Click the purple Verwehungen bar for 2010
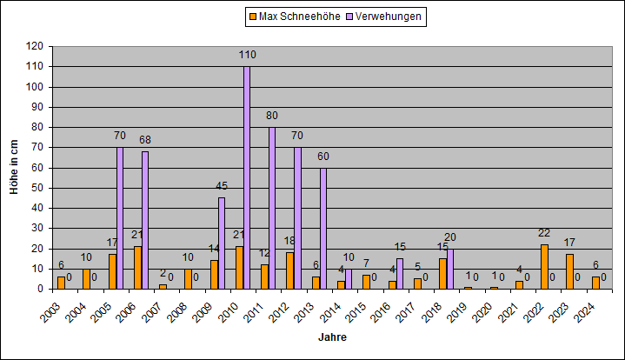coord(247,177)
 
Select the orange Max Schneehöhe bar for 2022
coord(544,267)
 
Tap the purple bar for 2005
coord(120,218)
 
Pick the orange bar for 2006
coord(137,268)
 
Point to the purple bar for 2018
coord(450,269)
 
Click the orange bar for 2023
coord(569,271)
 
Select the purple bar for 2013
coord(322,229)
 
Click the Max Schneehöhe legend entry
coord(295,17)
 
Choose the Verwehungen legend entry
coord(384,17)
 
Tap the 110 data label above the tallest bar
coord(247,55)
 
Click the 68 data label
coord(145,140)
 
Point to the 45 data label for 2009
coord(222,186)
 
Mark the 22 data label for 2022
coord(544,233)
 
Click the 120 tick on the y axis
coord(35,46)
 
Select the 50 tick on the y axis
coord(37,188)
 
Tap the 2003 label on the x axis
coord(50,312)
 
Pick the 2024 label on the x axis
coord(584,312)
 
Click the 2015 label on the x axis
coord(356,312)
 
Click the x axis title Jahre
coord(332,337)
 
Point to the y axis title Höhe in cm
coord(15,167)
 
